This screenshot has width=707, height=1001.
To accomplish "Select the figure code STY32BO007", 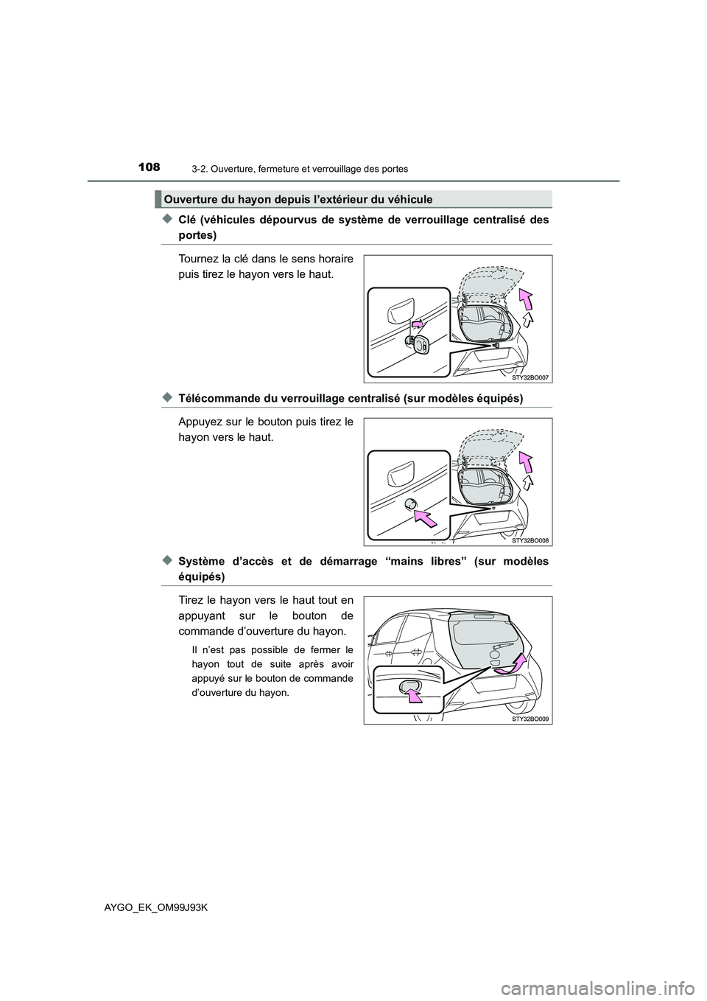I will [x=530, y=377].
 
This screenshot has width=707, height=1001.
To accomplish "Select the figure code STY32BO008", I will [x=530, y=540].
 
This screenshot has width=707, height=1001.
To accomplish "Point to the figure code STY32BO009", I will [x=530, y=718].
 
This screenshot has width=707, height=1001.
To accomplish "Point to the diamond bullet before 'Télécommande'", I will [x=167, y=398].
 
